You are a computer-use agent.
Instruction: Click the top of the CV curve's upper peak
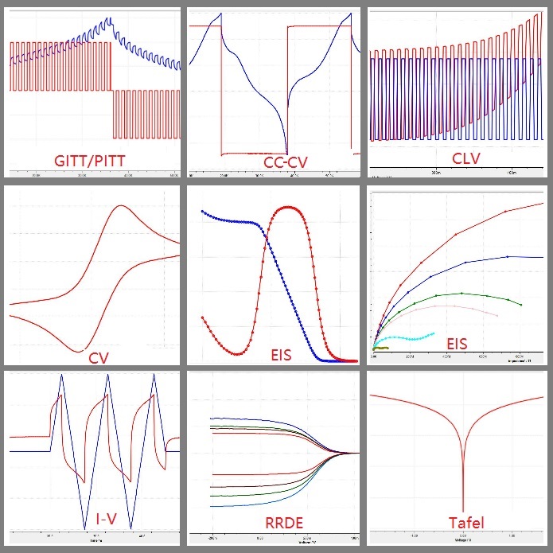coord(121,206)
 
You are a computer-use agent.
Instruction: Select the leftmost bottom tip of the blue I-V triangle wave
coord(84,528)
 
